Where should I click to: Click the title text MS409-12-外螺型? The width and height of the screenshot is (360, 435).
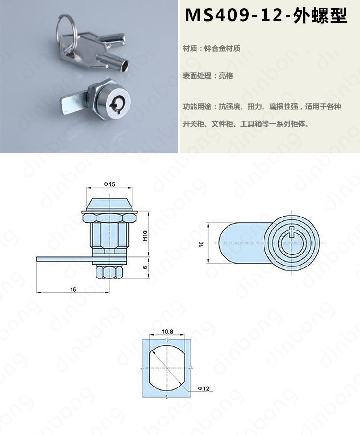coord(266,15)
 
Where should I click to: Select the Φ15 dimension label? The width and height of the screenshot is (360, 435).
coord(109,184)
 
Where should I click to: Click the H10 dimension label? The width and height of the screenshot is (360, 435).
coord(145,236)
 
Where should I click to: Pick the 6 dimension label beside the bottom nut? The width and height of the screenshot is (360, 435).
coord(145,267)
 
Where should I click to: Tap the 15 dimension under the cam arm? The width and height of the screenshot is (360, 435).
coord(73,290)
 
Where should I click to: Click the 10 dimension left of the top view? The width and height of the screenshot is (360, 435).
coord(201,244)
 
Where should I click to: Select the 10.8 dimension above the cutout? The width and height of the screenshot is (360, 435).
coord(167,331)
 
